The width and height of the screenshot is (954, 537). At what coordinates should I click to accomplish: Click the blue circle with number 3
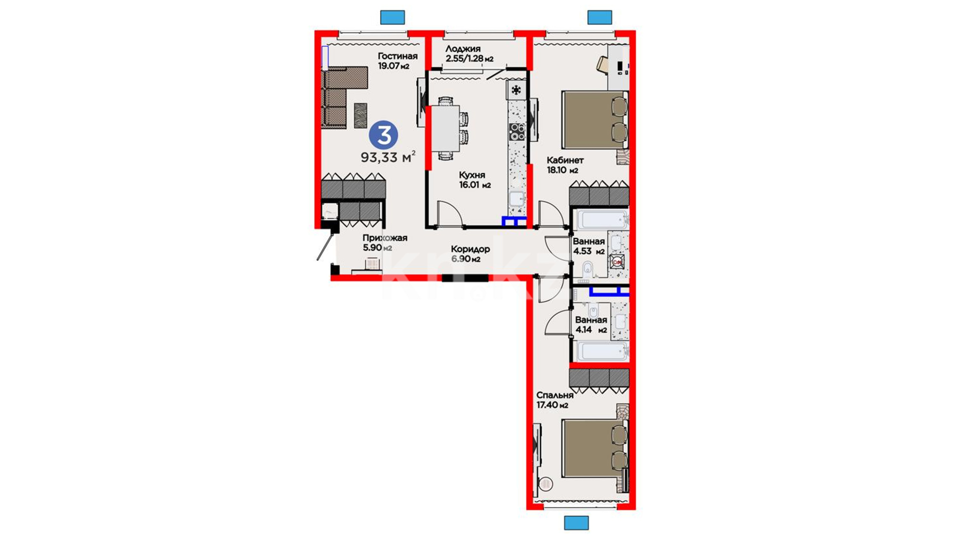point(383,135)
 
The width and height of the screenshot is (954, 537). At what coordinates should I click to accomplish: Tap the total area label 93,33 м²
point(388,157)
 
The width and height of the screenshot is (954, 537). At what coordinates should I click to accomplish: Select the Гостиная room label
point(397,56)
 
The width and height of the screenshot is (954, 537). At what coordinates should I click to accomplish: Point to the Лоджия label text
point(463,49)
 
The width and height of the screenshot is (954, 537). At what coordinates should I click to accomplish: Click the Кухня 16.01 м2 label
point(475,180)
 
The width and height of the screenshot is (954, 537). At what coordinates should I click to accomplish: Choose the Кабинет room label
point(565,160)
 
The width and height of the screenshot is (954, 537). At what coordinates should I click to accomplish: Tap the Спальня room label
point(555,395)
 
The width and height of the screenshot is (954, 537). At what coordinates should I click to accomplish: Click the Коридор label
point(470,249)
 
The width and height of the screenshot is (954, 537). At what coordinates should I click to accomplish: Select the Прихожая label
point(385,238)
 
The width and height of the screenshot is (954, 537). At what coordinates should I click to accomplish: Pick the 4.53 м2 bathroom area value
point(589,252)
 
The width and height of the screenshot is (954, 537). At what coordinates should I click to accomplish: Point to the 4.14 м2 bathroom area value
point(591,330)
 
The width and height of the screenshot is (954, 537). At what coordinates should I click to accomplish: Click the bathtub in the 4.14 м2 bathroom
point(601,351)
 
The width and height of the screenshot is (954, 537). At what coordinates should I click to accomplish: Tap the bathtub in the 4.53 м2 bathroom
point(601,220)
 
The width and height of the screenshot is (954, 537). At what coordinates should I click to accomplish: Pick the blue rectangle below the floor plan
point(576,523)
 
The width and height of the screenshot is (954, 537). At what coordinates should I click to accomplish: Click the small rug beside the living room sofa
point(360,115)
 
